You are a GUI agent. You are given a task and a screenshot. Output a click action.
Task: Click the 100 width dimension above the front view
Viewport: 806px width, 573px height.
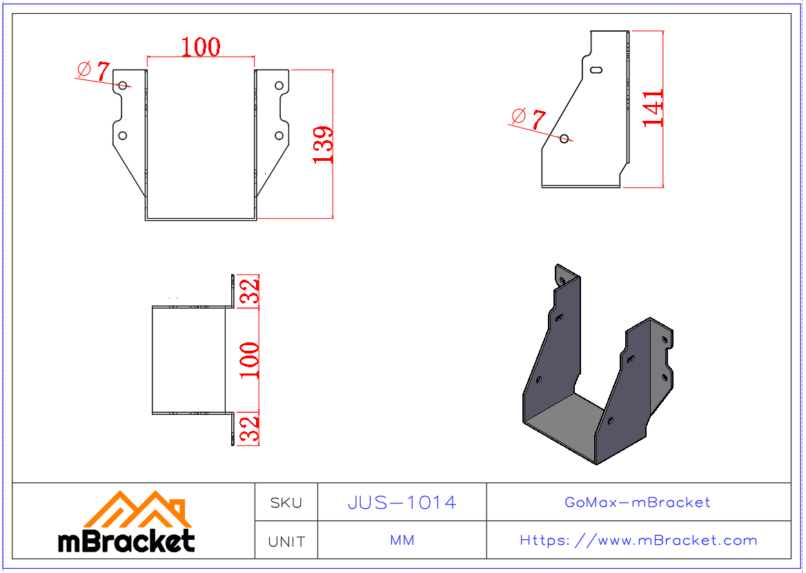point(201,47)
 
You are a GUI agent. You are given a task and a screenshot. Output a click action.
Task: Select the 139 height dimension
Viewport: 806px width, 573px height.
point(323,144)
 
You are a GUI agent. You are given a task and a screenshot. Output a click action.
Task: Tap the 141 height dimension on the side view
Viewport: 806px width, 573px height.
point(653,107)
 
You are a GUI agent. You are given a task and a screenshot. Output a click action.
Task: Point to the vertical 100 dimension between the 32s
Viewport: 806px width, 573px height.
point(249,360)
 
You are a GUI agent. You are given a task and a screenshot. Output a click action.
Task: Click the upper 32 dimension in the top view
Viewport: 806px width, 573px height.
point(249,291)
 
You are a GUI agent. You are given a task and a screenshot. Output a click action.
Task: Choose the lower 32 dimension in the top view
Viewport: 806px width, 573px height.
point(249,429)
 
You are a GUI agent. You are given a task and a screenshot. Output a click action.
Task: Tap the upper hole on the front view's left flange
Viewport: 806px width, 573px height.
point(123,86)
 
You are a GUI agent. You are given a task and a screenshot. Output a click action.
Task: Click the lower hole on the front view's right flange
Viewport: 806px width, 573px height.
point(279,136)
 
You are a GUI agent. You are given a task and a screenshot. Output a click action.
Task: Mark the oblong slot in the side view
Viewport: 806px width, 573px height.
point(597,69)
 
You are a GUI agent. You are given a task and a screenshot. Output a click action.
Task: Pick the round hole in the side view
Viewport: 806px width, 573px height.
point(564,139)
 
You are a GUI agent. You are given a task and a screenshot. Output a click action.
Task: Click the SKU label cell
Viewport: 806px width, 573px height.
point(286,503)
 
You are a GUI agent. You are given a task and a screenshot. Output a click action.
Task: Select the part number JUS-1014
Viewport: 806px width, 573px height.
point(402,503)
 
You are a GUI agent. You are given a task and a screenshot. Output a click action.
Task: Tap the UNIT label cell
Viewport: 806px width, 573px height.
point(286,541)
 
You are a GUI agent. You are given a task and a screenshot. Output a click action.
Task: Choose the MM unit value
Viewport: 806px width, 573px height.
point(402,541)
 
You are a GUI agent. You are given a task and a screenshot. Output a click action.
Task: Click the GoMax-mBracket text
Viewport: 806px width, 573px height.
point(638,503)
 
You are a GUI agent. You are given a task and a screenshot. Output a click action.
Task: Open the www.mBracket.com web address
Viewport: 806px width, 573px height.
point(638,541)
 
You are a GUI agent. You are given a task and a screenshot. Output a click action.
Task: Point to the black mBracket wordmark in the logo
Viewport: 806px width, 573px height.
point(126,541)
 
